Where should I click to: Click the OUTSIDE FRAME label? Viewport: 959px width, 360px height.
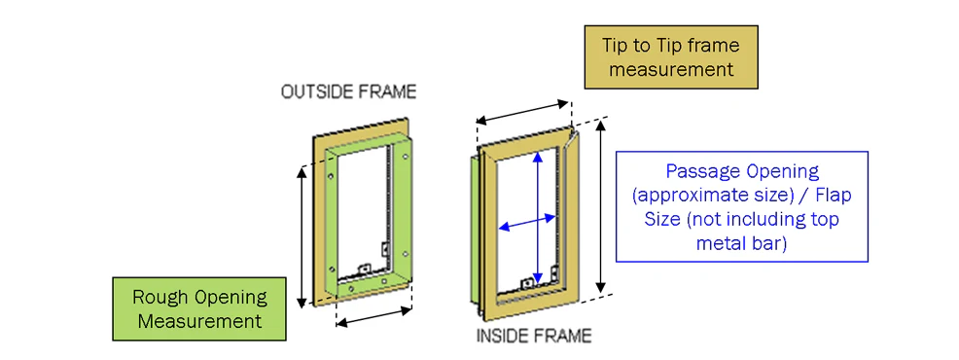coord(347,92)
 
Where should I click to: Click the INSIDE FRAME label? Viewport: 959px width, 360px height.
coord(533,337)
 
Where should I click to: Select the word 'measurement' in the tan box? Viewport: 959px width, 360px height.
coord(669,69)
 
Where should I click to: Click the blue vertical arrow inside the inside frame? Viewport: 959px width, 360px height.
coord(537,214)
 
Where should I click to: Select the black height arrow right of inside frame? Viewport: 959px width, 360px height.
coord(603,214)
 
